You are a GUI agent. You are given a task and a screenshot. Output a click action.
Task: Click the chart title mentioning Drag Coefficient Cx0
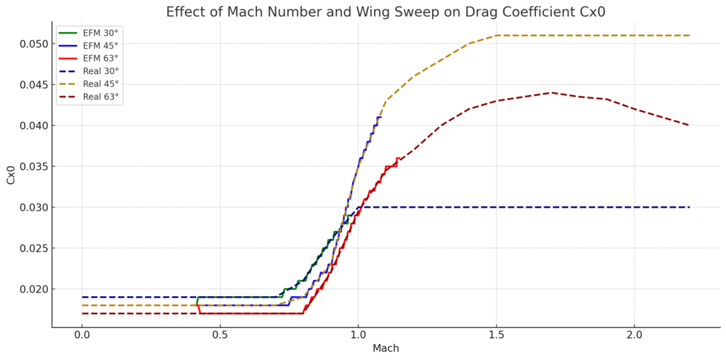click(x=386, y=12)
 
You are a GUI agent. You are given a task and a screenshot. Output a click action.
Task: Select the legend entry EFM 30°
click(x=100, y=33)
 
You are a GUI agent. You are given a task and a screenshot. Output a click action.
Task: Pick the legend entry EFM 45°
click(x=100, y=45)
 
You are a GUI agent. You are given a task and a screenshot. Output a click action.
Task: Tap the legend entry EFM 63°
click(x=100, y=58)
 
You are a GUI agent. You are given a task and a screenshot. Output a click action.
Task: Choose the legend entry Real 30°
click(x=101, y=71)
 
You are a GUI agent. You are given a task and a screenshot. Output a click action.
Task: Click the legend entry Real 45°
click(x=101, y=83)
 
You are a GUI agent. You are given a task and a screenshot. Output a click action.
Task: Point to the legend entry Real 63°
click(x=101, y=97)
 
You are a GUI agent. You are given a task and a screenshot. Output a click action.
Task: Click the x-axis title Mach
click(x=386, y=348)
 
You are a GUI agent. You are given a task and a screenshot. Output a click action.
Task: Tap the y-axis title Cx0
click(x=11, y=174)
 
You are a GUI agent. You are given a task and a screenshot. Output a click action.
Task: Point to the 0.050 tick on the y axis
click(x=33, y=44)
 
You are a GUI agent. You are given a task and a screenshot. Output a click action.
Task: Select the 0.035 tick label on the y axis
click(x=33, y=167)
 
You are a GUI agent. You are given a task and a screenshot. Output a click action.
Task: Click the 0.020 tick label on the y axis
click(x=33, y=290)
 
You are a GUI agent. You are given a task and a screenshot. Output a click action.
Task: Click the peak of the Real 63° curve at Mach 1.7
click(x=551, y=93)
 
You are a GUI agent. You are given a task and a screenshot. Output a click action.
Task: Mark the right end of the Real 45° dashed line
click(x=689, y=36)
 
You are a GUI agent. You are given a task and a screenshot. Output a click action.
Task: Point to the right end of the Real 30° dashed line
click(x=689, y=207)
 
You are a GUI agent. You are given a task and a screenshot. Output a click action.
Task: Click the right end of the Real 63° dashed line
click(x=689, y=126)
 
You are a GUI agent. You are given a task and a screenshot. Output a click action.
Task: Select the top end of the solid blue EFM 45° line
click(x=380, y=117)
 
